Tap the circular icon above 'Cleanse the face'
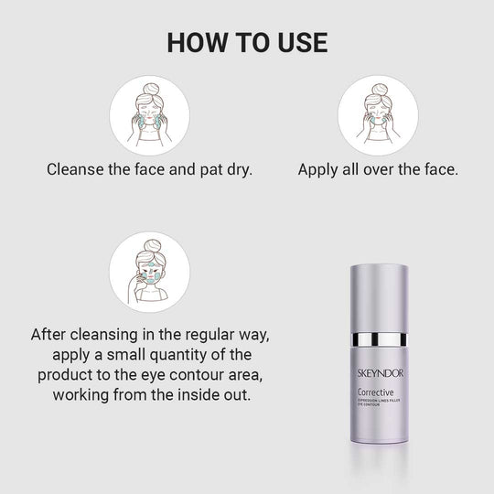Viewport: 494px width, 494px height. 150,115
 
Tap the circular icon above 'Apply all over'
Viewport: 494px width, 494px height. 378,115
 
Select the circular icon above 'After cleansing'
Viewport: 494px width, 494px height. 150,271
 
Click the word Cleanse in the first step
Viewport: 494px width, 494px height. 74,169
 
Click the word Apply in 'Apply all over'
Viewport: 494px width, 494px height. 318,169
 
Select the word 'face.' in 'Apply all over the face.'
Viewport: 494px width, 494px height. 438,169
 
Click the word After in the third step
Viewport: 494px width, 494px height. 51,333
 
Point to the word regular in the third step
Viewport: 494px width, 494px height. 198,333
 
